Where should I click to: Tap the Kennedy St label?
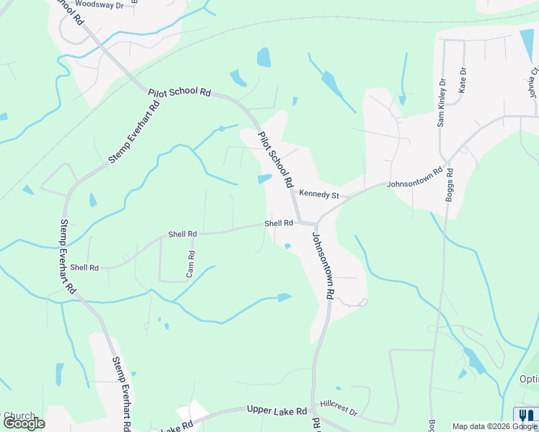pyautogui.click(x=319, y=194)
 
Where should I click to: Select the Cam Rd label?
pyautogui.click(x=191, y=264)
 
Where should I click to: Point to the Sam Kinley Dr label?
pyautogui.click(x=442, y=103)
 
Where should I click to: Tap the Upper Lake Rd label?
pyautogui.click(x=277, y=410)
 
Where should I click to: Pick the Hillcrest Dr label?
pyautogui.click(x=339, y=409)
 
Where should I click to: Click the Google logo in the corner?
pyautogui.click(x=24, y=423)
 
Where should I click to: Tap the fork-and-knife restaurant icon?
pyautogui.click(x=525, y=415)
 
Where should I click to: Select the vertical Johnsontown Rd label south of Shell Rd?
pyautogui.click(x=322, y=265)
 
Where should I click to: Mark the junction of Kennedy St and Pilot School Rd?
pyautogui.click(x=293, y=191)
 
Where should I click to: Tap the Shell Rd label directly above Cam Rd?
pyautogui.click(x=182, y=234)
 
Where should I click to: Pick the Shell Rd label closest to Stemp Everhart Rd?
pyautogui.click(x=84, y=267)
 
